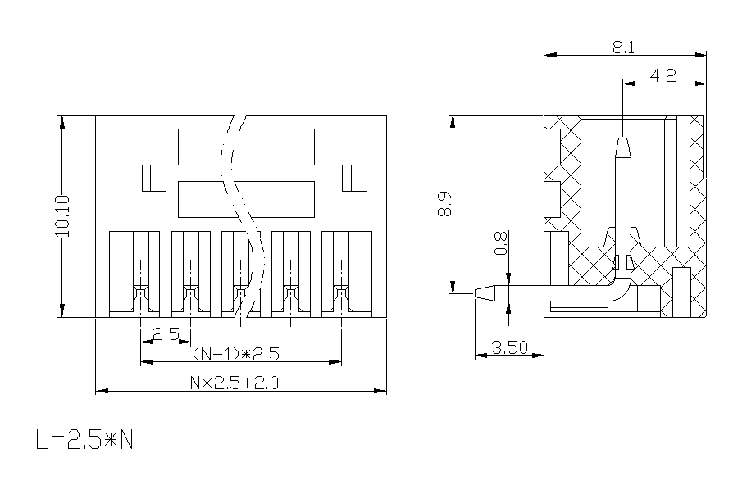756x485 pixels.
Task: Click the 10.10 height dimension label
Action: tap(62, 215)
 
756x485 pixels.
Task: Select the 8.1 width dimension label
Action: tap(623, 48)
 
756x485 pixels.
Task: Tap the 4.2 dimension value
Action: tap(663, 75)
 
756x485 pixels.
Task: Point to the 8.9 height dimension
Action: tap(444, 204)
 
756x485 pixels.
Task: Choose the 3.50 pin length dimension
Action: tap(509, 347)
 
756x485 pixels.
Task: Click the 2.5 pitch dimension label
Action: tap(166, 333)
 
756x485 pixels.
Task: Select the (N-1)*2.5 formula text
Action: tap(236, 354)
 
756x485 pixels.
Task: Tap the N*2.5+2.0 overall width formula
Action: tap(235, 383)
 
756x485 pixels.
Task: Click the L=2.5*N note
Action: tap(84, 439)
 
